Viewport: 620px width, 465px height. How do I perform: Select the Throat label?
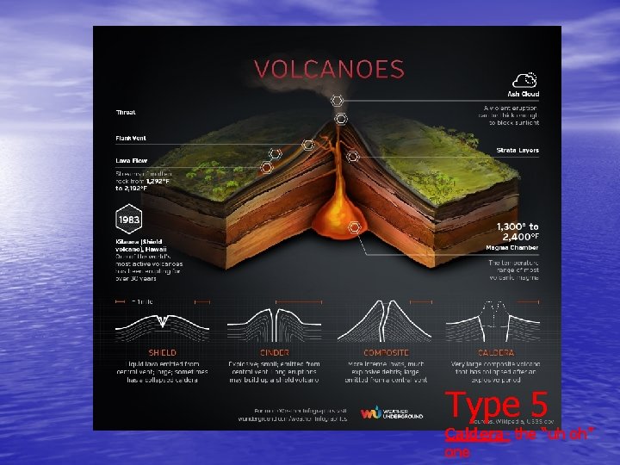coord(126,112)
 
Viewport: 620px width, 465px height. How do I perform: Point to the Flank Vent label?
coord(131,137)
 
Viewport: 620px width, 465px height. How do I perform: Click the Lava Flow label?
coord(130,160)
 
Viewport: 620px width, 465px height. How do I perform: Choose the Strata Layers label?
coord(518,151)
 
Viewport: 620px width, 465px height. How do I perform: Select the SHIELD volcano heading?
coord(163,352)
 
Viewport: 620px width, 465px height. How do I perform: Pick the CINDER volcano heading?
coord(274,352)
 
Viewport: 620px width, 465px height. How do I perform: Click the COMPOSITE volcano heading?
coord(386,352)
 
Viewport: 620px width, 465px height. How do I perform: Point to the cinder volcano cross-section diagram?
coord(274,320)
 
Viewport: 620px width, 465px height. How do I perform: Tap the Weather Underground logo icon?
coord(370,412)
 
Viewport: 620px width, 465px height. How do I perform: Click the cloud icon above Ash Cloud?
coord(530,77)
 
